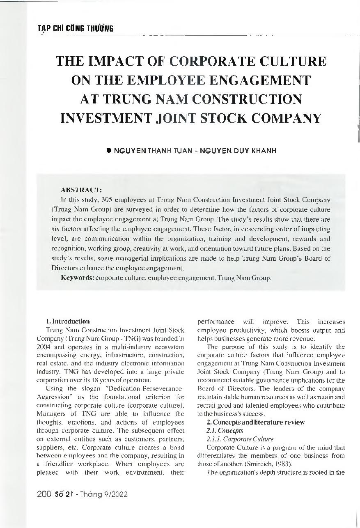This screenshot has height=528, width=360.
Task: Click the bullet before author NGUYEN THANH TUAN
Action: click(x=109, y=151)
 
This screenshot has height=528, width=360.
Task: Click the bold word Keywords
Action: click(x=78, y=278)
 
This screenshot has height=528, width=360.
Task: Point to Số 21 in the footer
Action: click(x=64, y=494)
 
